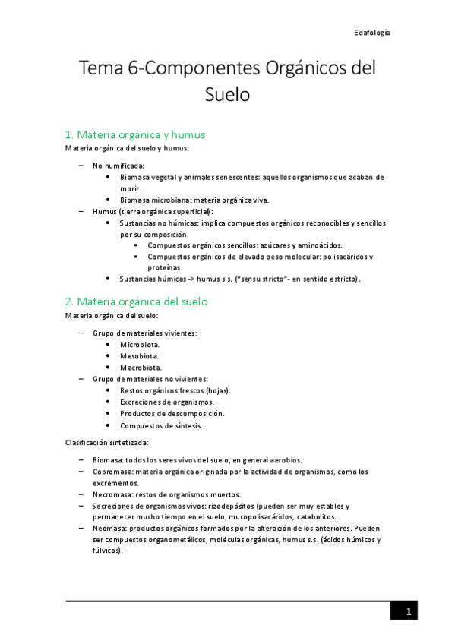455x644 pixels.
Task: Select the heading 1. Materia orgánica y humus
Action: click(x=135, y=134)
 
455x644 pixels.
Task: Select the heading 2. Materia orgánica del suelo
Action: click(x=137, y=301)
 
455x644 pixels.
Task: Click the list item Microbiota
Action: click(x=140, y=344)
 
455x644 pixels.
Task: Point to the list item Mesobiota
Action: click(x=140, y=355)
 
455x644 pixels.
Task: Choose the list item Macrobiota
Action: click(x=141, y=368)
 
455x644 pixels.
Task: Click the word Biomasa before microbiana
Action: click(x=136, y=200)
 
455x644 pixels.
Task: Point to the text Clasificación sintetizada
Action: click(x=106, y=442)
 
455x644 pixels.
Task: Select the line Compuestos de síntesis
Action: click(x=161, y=425)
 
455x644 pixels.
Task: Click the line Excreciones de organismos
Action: click(x=167, y=402)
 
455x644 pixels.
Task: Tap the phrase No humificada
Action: click(x=118, y=165)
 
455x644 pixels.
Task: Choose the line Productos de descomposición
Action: click(x=172, y=414)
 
